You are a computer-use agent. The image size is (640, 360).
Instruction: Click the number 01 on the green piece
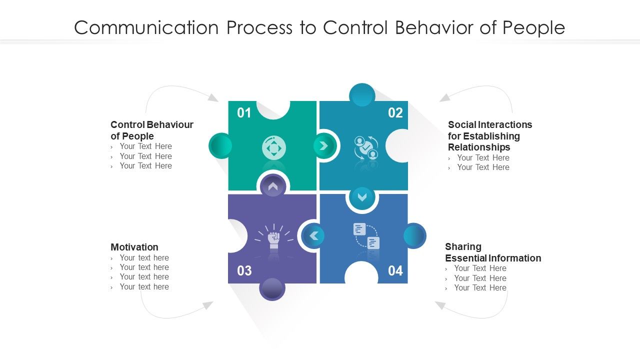click(x=244, y=113)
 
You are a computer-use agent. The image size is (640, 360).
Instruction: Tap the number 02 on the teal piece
click(x=395, y=113)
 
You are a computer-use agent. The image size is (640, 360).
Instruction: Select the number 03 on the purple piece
click(x=244, y=271)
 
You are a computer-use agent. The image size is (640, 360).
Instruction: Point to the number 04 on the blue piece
click(x=395, y=271)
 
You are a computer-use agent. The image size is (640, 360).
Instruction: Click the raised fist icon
click(x=273, y=238)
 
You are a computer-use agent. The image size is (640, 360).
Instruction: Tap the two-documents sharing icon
click(x=366, y=236)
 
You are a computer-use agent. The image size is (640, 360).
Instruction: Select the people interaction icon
click(x=366, y=147)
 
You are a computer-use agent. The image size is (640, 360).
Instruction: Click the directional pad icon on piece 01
click(x=274, y=148)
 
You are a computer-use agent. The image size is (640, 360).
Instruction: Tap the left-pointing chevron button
click(x=313, y=235)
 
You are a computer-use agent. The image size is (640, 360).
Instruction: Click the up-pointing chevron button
click(x=272, y=186)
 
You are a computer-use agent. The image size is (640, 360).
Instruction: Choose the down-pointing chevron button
click(x=362, y=197)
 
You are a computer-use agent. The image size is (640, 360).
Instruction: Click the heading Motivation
click(x=134, y=247)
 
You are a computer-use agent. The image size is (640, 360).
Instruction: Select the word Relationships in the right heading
click(x=479, y=147)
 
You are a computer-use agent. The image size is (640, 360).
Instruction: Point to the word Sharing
click(x=463, y=246)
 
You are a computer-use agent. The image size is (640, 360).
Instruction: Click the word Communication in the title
click(x=145, y=27)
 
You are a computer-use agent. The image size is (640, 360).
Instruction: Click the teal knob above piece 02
click(x=362, y=94)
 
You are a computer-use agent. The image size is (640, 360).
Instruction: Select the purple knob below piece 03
click(x=272, y=289)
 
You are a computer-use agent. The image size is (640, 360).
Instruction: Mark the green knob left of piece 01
click(x=220, y=146)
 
